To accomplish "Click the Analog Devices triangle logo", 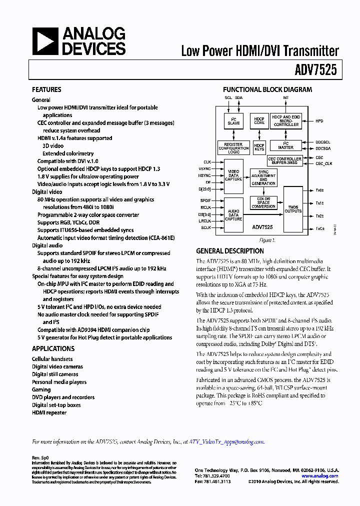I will pos(45,41).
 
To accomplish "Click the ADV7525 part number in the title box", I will pos(319,70).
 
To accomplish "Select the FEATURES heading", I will pos(46,89).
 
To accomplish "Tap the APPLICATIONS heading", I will pos(53,348).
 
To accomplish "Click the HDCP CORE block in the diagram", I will pos(259,121).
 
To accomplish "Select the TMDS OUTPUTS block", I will pos(293,209).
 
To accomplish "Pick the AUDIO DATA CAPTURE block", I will pos(233,215).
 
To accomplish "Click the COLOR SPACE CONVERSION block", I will pos(263,202).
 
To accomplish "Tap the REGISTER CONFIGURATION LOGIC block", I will pos(233,147).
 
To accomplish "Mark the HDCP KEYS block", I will pos(259,147).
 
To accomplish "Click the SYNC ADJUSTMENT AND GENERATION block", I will pos(263,177).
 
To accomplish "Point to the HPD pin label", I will pos(319,121).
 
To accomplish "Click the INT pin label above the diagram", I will pos(286,97).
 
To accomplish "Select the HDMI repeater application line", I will pos(49,412).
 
